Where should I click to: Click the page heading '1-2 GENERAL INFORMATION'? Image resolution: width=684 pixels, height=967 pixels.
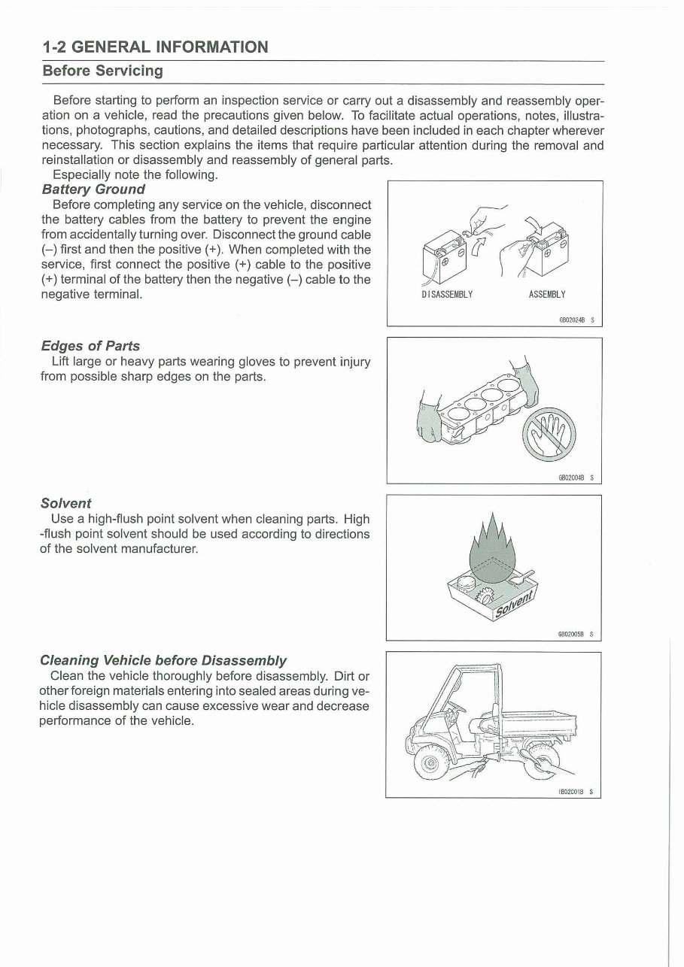coord(155,47)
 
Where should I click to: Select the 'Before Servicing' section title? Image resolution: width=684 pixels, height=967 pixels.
coord(102,71)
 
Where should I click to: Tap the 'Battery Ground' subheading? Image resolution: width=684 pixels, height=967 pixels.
coord(93,189)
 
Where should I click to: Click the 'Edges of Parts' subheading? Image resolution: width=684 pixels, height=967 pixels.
coord(90,346)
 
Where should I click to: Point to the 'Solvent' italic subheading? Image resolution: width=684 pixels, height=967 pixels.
coord(65,503)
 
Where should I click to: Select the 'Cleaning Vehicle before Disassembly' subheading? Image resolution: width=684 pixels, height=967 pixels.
coord(163,660)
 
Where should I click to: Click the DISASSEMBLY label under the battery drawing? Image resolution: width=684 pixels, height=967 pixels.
coord(448,294)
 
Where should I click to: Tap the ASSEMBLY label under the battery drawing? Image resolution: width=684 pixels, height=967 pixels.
coord(547,294)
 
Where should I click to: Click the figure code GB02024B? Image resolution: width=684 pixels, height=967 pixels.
coord(573,319)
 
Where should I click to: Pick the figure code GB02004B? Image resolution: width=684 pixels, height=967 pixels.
coord(573,476)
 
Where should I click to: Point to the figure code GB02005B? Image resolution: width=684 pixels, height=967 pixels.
coord(573,633)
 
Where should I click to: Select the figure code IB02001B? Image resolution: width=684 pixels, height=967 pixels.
coord(573,790)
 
